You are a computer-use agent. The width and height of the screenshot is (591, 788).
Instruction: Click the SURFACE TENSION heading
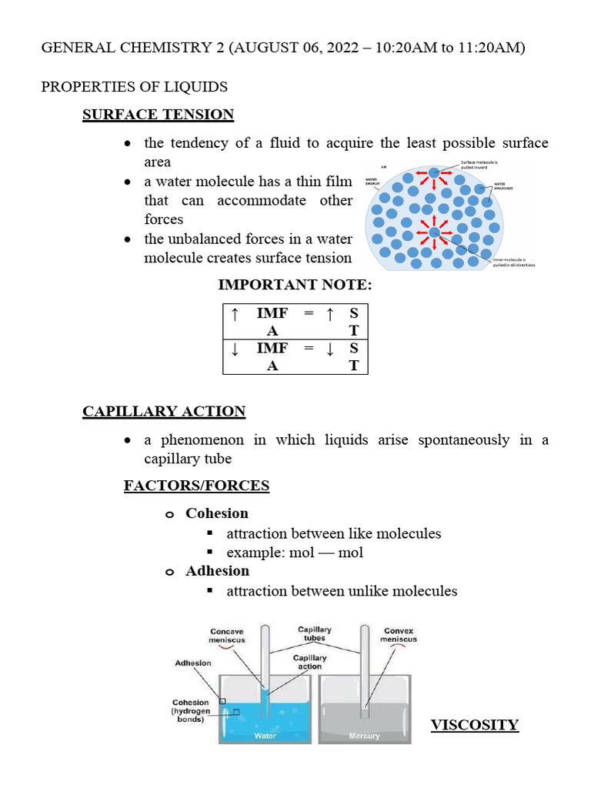click(x=158, y=115)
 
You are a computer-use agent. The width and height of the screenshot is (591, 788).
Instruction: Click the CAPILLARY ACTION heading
click(x=164, y=411)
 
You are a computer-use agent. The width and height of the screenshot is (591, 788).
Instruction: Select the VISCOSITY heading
click(x=474, y=724)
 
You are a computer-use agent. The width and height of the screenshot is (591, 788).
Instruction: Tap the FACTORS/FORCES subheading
click(x=196, y=485)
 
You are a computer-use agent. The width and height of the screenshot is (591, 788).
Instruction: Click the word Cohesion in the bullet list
click(x=217, y=513)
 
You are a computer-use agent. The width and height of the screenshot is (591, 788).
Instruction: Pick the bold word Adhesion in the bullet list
click(x=217, y=571)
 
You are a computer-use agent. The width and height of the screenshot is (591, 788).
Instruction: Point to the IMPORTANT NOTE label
click(x=295, y=285)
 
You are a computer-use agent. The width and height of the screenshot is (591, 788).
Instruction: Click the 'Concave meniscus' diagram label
click(x=227, y=636)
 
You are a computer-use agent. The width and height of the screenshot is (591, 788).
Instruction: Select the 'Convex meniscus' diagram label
click(x=399, y=635)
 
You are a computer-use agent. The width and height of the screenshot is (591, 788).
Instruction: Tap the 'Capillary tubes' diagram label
click(x=315, y=633)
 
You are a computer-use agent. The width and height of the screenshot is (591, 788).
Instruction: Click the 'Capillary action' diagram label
click(x=309, y=662)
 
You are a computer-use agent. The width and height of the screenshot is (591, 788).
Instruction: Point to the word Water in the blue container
click(x=265, y=736)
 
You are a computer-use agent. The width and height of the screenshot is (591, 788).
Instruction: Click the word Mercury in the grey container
click(x=364, y=736)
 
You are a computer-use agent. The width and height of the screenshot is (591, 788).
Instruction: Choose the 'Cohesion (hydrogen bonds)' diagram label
click(x=191, y=711)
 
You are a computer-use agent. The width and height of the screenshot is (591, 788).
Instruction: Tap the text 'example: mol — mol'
click(x=295, y=553)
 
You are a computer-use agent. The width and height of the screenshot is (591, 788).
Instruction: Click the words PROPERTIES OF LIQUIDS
click(x=134, y=86)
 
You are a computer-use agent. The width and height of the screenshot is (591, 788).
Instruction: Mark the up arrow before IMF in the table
click(x=235, y=314)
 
